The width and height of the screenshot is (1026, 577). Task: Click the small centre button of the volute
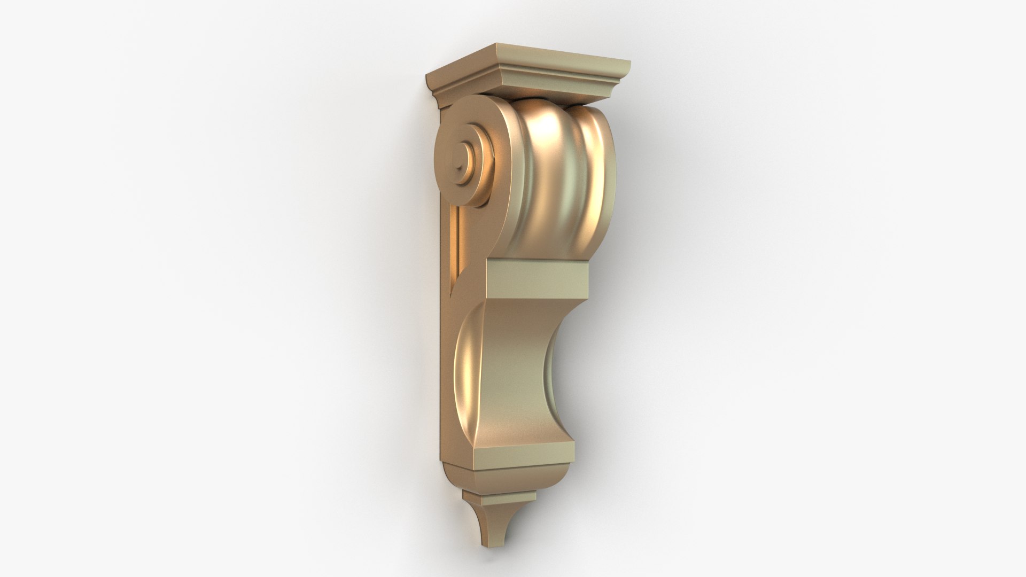[461, 160]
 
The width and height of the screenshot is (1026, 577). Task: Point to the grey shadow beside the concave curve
[593, 369]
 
